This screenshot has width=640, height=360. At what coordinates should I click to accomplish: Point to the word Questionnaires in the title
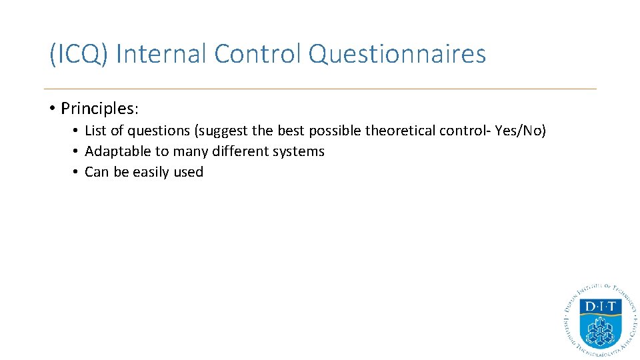[x=398, y=54]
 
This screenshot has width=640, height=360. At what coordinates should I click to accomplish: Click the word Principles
[x=98, y=108]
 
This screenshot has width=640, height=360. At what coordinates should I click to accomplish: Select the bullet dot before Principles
[x=51, y=108]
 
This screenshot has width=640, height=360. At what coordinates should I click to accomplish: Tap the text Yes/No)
[x=521, y=131]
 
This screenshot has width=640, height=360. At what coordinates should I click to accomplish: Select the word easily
[x=151, y=172]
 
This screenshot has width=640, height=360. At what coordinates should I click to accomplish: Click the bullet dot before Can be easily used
[x=77, y=172]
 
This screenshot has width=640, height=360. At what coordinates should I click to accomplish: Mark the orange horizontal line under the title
[x=320, y=89]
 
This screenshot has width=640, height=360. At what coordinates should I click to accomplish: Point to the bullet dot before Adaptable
[x=77, y=151]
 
